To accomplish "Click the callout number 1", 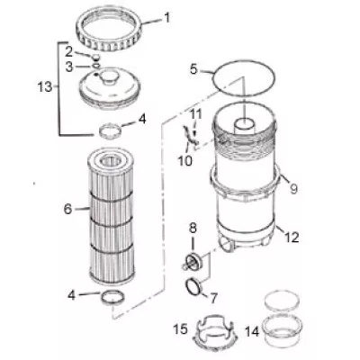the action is [166, 18].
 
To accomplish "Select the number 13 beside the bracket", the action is [45, 87].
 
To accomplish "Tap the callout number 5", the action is [193, 70].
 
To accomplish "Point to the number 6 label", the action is [68, 209].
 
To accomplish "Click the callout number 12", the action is [292, 238].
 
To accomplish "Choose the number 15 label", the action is [181, 329].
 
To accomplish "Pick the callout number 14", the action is [251, 331].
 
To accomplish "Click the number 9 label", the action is [293, 189].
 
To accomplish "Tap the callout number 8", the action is [193, 229].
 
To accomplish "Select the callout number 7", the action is [213, 298].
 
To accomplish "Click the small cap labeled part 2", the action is [95, 57].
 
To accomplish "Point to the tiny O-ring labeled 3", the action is [95, 65].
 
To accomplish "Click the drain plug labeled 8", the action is [193, 261].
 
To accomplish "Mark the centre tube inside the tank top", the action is [244, 126].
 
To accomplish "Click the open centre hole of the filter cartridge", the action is [111, 161].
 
